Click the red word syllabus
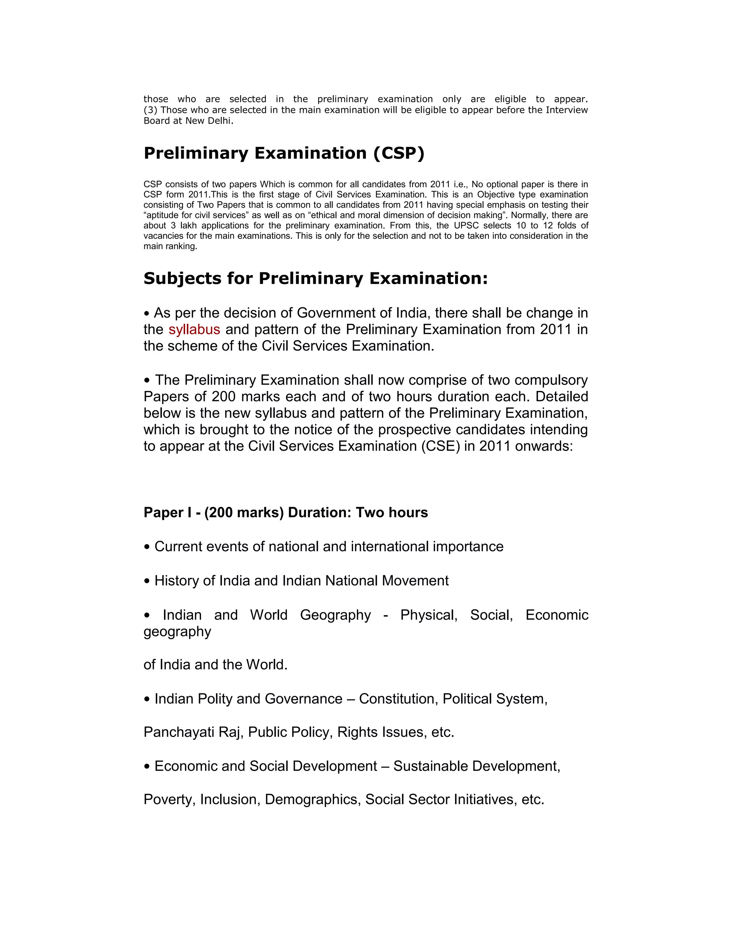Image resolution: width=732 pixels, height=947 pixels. tap(194, 330)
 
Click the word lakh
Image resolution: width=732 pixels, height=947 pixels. tap(186, 225)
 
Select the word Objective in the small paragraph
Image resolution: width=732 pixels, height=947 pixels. tap(496, 194)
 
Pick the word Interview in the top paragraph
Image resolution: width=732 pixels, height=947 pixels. tap(567, 110)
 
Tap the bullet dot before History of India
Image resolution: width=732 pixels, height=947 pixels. tap(148, 581)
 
